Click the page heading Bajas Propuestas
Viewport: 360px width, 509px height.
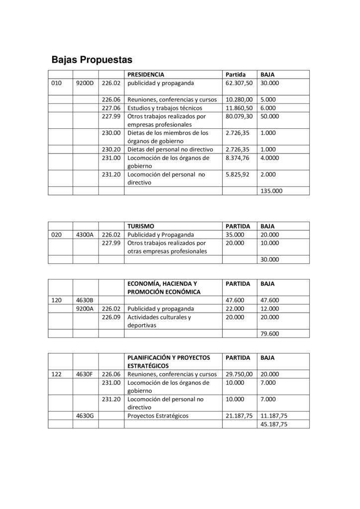pyautogui.click(x=92, y=60)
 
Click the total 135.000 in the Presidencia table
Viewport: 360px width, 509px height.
pyautogui.click(x=270, y=190)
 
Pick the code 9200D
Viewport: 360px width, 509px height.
pyautogui.click(x=85, y=83)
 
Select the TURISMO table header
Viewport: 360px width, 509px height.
pyautogui.click(x=141, y=226)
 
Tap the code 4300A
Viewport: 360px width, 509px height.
pyautogui.click(x=85, y=235)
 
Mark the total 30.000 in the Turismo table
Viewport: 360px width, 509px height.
pyautogui.click(x=270, y=259)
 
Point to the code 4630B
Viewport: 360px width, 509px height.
pyautogui.click(x=85, y=300)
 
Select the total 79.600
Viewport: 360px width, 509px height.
pyautogui.click(x=270, y=334)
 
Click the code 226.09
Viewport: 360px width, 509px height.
pyautogui.click(x=111, y=317)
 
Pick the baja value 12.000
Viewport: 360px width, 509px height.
pyautogui.click(x=270, y=308)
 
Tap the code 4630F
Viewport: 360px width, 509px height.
pyautogui.click(x=85, y=374)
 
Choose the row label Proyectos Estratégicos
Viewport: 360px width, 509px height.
pyautogui.click(x=158, y=416)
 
